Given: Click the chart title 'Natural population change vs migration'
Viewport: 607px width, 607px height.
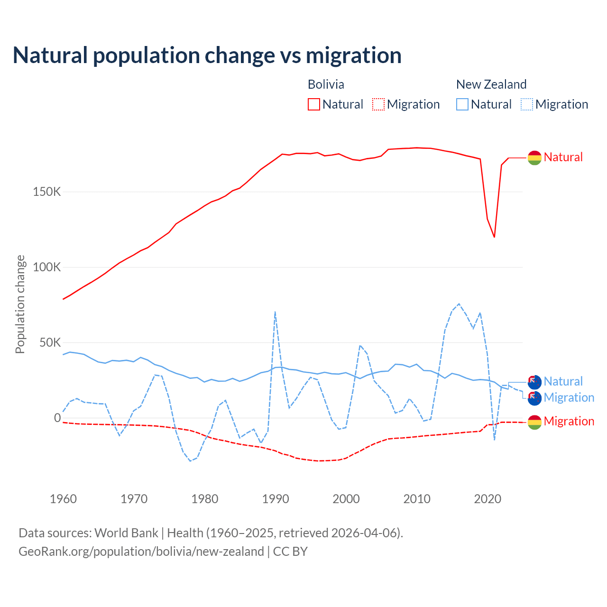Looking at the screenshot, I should pos(207,55).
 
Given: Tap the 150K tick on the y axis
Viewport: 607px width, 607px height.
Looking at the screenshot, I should pos(47,192).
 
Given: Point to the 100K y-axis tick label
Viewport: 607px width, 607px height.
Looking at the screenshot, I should pos(47,267).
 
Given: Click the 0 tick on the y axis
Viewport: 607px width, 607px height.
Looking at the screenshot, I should pos(57,418).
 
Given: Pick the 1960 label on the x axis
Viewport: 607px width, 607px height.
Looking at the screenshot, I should pos(63,499).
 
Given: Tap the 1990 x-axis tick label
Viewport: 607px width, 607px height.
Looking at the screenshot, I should pos(276,499).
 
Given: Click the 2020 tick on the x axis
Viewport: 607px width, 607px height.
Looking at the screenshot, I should pos(487,499).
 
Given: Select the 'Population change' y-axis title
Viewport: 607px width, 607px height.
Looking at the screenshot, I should pos(20,304).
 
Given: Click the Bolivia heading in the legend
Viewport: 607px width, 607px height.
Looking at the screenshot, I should pos(326,84).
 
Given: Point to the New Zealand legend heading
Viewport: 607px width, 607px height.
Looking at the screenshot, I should pos(491,84).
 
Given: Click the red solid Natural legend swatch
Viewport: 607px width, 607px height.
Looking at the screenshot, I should pos(314,104).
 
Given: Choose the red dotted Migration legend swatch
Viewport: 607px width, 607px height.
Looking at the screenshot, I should pos(378,104).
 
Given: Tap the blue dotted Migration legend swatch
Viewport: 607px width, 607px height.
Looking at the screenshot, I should pos(527,104).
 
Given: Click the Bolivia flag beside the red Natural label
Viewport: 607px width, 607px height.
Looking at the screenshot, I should pos(534,157).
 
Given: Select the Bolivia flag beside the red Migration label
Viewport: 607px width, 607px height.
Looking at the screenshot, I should pos(534,422).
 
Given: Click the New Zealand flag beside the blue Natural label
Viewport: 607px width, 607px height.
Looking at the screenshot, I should pos(534,382).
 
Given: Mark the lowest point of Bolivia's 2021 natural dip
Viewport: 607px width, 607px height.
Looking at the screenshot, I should pos(494,237).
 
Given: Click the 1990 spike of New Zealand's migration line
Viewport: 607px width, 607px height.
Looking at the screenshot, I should pos(275,312).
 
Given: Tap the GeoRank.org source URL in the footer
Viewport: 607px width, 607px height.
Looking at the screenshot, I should pos(141,552).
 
